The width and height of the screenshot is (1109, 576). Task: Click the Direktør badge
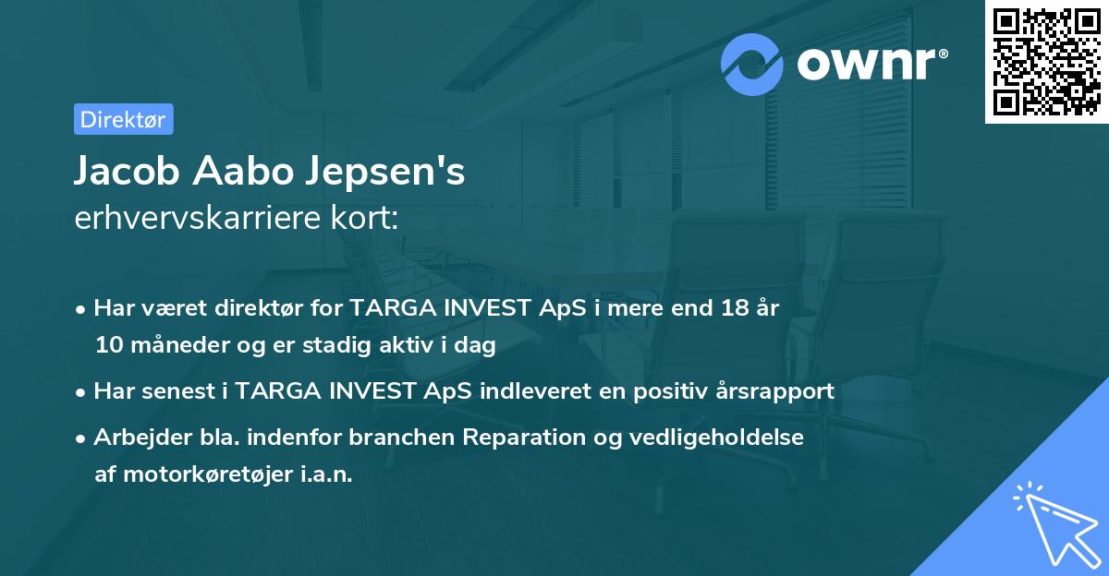coord(123,119)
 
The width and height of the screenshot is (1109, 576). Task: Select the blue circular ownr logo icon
coord(752,64)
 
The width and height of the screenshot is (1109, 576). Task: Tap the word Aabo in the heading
coord(244,173)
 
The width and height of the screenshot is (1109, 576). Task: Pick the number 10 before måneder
coord(108,346)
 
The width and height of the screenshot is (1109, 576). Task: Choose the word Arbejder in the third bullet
coord(135,437)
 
